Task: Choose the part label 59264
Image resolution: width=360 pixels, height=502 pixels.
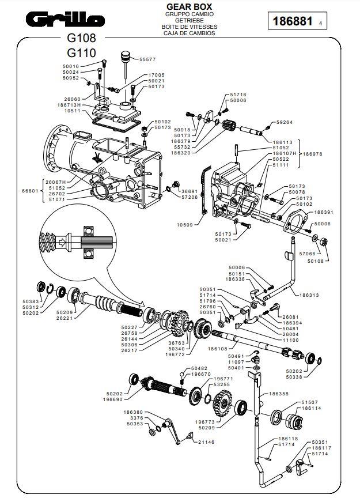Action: [285, 122]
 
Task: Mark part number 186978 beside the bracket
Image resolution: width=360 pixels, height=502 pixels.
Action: [314, 154]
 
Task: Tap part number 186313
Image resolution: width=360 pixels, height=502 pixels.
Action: [311, 295]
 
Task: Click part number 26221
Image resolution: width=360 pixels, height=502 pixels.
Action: [65, 318]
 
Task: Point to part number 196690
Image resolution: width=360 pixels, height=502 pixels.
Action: [113, 399]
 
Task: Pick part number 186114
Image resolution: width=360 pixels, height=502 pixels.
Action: [311, 408]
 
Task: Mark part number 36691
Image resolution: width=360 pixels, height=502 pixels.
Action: [190, 191]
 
